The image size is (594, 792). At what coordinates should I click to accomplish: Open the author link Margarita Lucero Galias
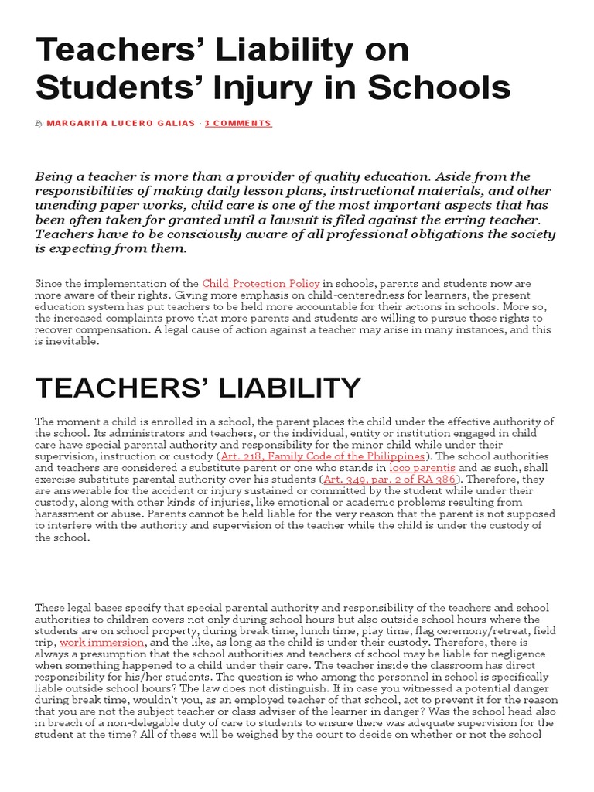[x=121, y=123]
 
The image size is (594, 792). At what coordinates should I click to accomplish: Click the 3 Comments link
[x=238, y=123]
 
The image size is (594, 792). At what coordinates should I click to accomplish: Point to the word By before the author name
[x=39, y=124]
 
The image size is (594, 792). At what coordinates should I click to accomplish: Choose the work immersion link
[x=101, y=642]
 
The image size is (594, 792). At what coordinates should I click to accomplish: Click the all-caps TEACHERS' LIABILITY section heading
[x=198, y=387]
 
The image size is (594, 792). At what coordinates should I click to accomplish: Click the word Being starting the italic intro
[x=53, y=176]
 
